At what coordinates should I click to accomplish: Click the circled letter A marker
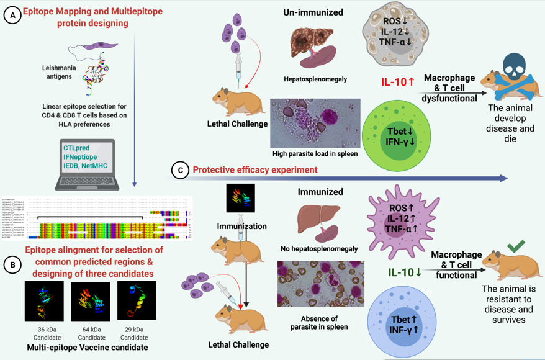pos(12,16)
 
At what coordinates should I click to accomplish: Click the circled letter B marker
pos(12,264)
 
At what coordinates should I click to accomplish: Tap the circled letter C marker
pos(179,170)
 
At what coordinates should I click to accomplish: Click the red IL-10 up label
pos(397,81)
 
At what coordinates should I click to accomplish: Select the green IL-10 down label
pos(405,272)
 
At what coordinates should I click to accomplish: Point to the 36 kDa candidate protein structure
pos(44,301)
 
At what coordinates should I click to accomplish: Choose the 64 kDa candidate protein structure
pos(91,302)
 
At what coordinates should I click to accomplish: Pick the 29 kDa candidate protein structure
pos(136,301)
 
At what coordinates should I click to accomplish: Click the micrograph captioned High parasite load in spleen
pos(315,123)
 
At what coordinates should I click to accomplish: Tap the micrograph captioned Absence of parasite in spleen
pos(320,284)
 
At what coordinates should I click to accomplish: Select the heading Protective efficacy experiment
pos(255,170)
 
